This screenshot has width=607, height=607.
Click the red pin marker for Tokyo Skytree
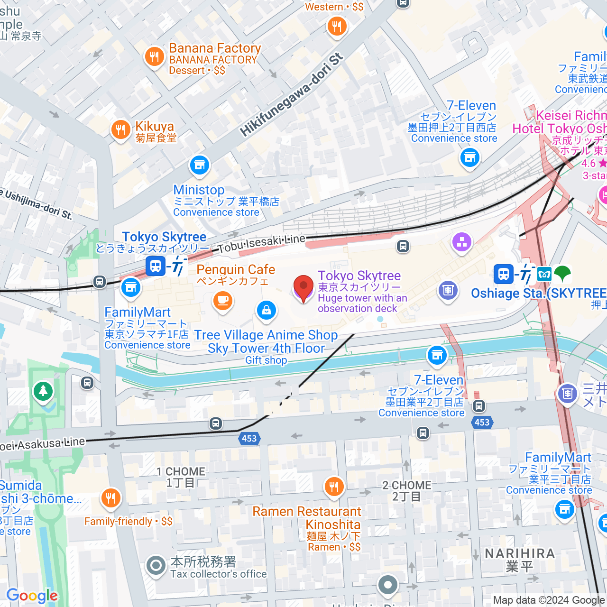point(303,288)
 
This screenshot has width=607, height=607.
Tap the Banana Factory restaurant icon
point(154,57)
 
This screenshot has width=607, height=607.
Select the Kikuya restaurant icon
point(120,129)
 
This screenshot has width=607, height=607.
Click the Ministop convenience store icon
point(200,165)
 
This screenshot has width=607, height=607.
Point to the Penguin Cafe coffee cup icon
point(222,301)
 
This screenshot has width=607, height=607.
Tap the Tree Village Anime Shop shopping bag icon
point(267,311)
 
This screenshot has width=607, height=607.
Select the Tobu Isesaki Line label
point(262,243)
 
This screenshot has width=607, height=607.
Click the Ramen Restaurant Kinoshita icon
point(334,487)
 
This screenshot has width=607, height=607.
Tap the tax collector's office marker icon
point(156,565)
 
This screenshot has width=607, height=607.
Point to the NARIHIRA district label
point(520,554)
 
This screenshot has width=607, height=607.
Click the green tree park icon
point(44,391)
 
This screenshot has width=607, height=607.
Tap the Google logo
point(32,596)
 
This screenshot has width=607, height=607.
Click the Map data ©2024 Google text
point(549,600)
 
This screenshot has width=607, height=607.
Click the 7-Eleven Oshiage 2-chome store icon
point(470,157)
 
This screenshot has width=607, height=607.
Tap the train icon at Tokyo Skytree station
point(156,266)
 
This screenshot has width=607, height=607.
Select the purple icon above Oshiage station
point(462,242)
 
